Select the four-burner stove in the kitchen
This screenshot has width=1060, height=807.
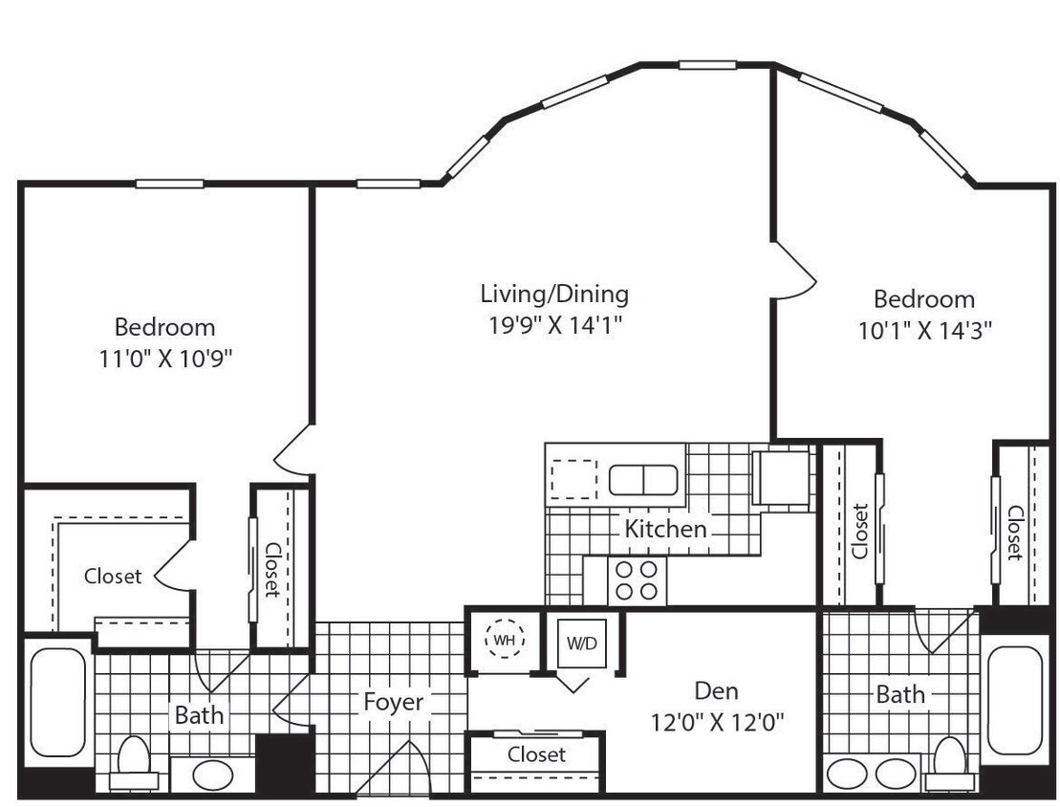(x=638, y=579)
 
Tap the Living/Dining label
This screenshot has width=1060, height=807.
(x=554, y=293)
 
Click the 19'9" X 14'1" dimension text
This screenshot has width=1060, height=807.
(x=554, y=324)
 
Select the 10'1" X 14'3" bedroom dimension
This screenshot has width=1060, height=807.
(x=924, y=331)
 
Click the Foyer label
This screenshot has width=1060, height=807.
(x=393, y=702)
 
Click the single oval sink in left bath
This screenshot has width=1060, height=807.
(x=211, y=772)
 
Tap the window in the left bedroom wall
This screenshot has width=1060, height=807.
(x=169, y=184)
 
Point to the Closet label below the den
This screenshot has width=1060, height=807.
(x=536, y=754)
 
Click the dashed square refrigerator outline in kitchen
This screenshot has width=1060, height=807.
(x=574, y=477)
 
